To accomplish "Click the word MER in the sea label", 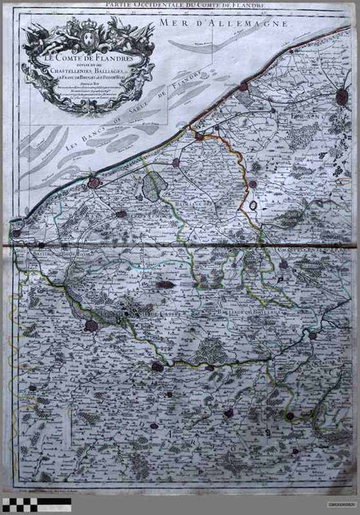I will coord(170,22).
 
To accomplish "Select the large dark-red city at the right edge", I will coord(342,97).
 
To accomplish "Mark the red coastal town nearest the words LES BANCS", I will coord(94,182).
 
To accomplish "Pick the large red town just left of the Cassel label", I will coord(92,325).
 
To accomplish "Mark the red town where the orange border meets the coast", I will coord(199,136).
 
